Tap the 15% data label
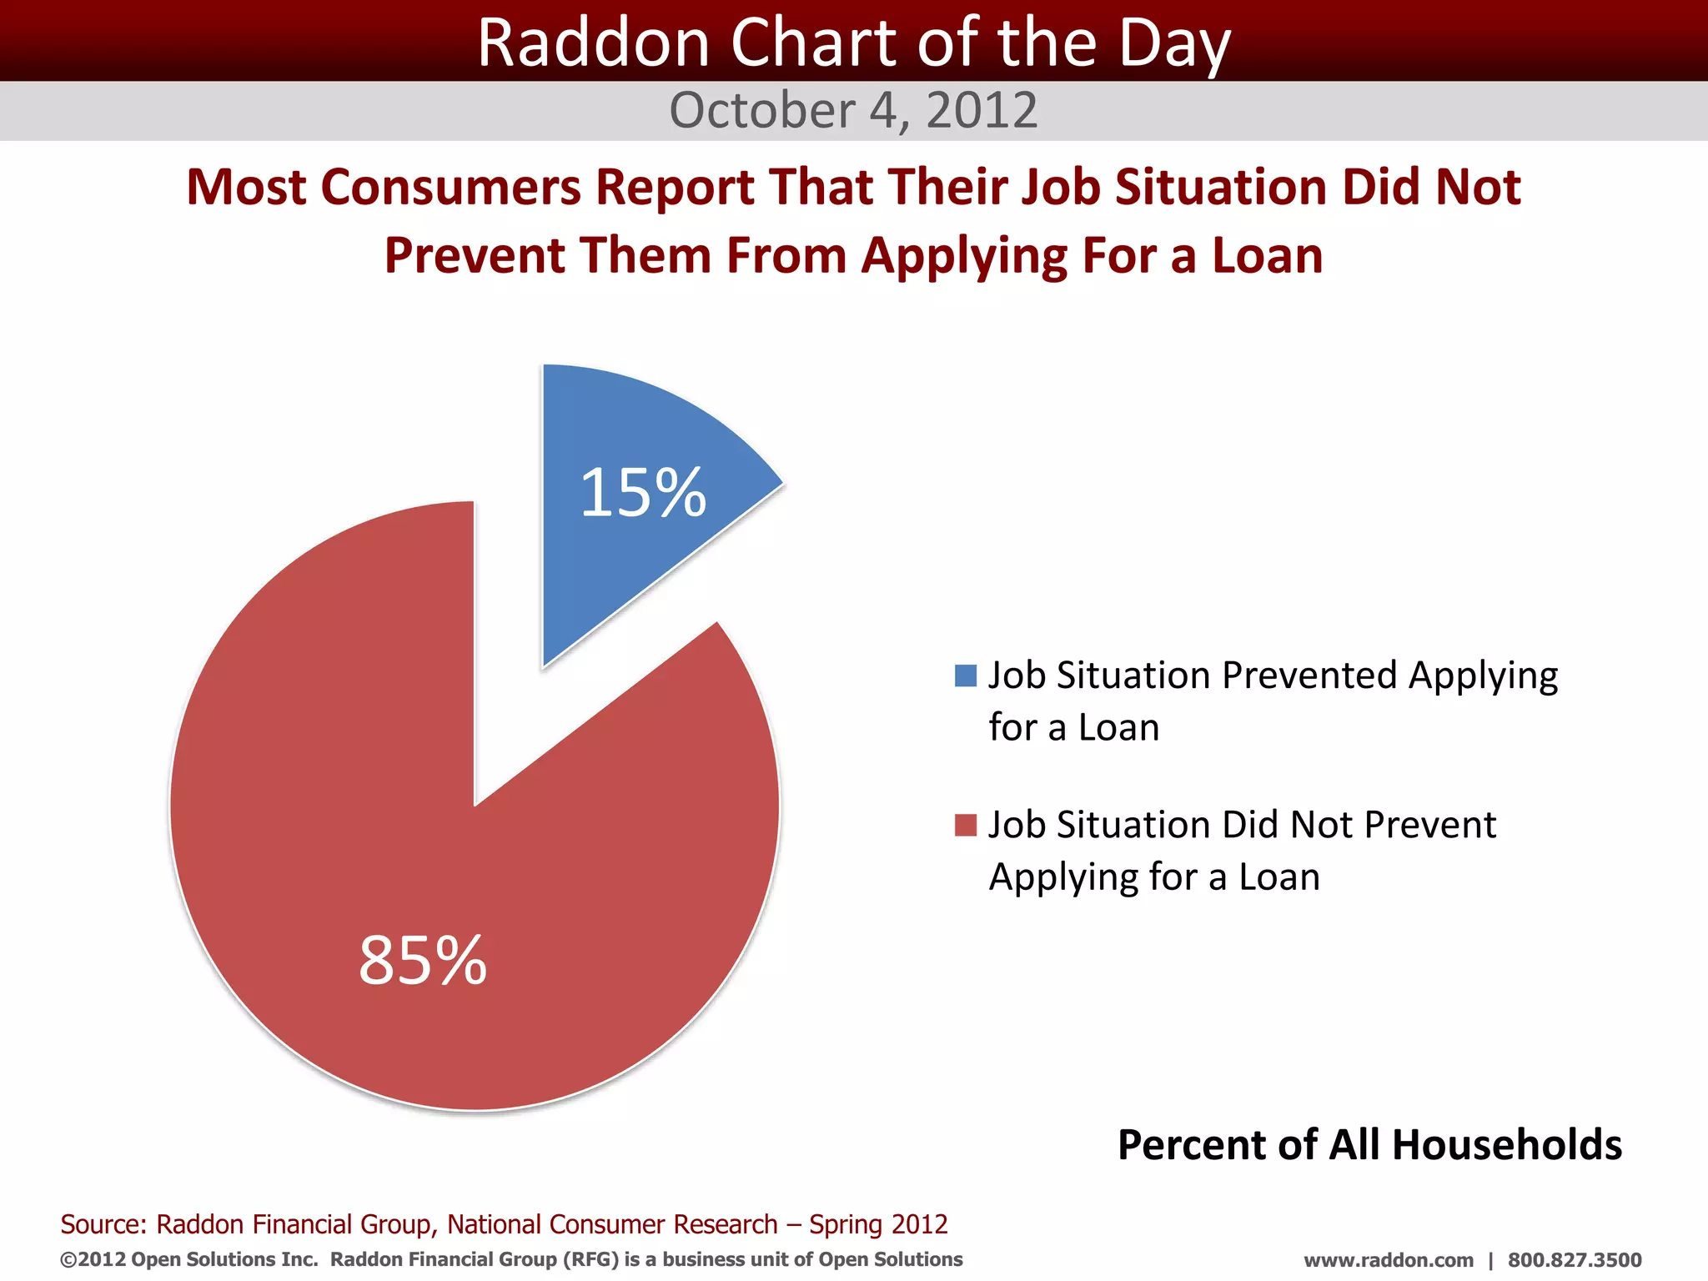coord(643,493)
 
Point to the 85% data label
coord(423,960)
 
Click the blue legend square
coord(965,676)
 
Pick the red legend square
coord(965,826)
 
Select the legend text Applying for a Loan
coord(1154,877)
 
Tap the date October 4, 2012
coord(853,110)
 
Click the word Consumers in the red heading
coord(450,187)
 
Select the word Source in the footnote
coord(102,1224)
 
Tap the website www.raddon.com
coord(1389,1260)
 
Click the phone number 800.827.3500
coord(1575,1260)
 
